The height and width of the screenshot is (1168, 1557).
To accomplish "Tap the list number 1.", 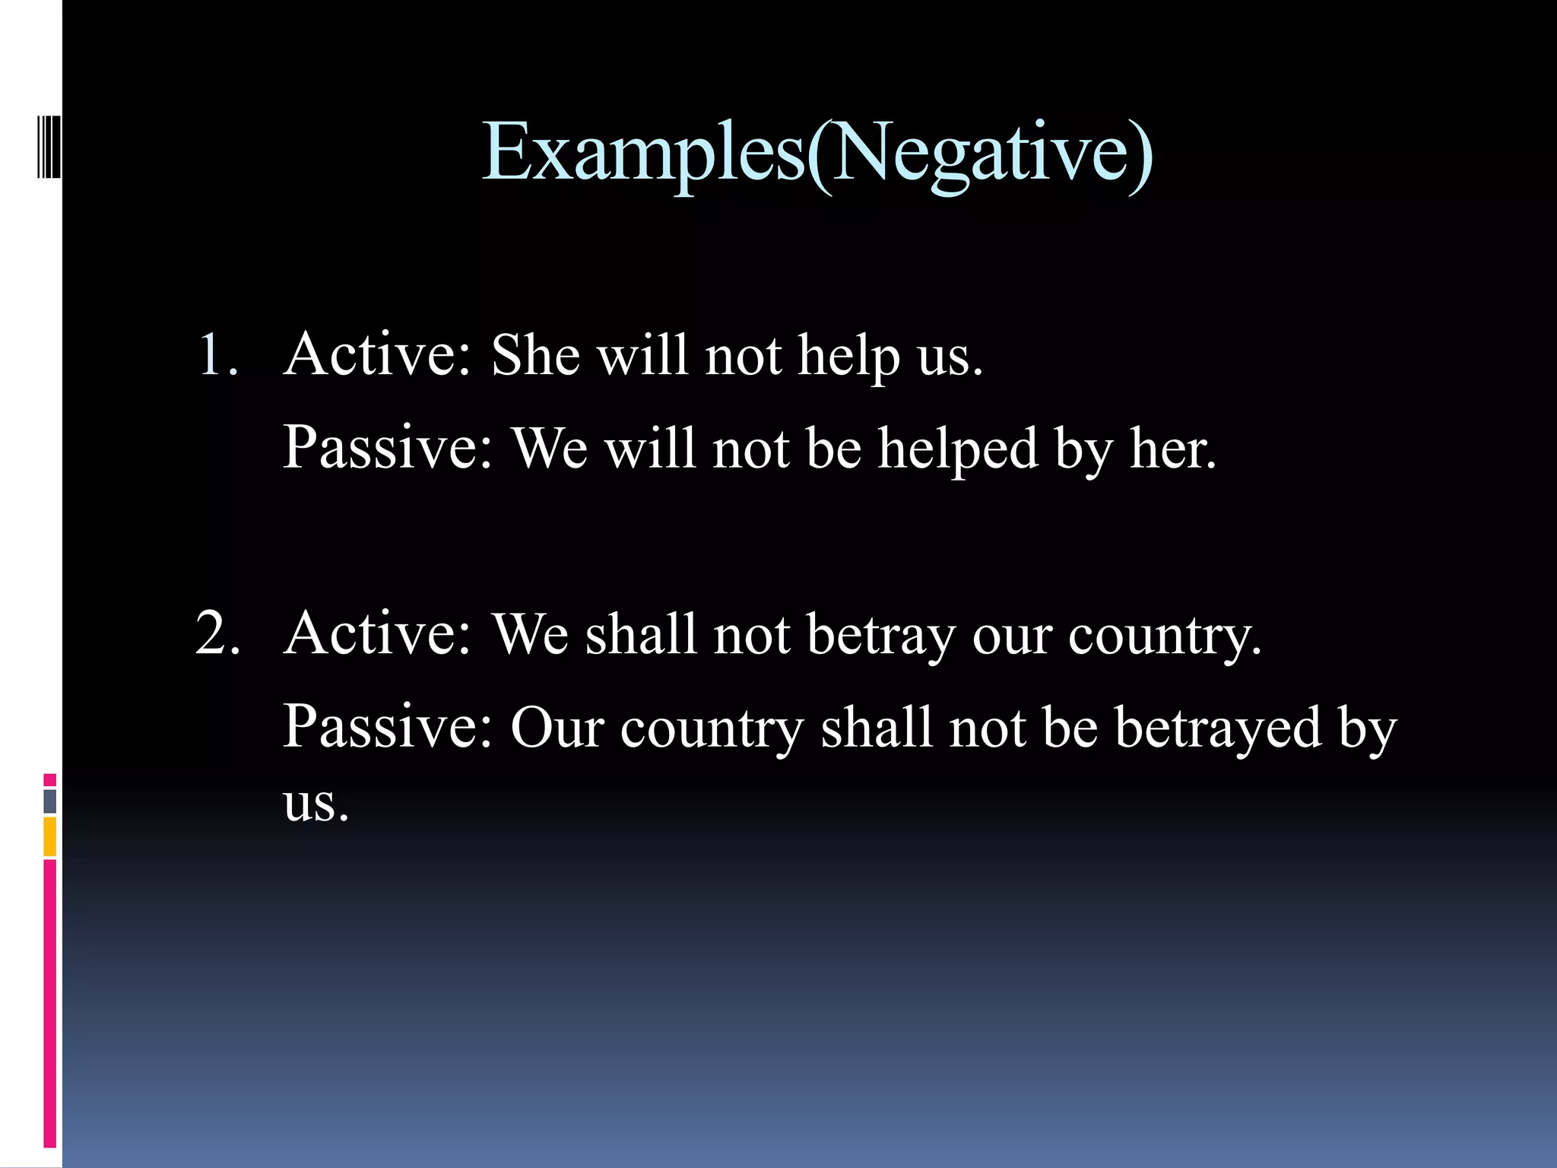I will point(217,355).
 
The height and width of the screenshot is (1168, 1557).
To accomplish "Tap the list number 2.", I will point(217,633).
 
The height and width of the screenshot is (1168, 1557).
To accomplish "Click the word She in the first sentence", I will point(535,355).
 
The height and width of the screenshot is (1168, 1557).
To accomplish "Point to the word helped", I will point(958,449).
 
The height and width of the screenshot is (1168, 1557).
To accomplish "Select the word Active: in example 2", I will point(378,634).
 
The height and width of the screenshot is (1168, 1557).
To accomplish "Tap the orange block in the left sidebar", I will point(49,836).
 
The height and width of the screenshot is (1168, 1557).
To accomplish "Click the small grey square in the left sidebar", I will point(49,801).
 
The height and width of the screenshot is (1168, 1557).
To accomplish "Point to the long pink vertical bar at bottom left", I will point(49,1004).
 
